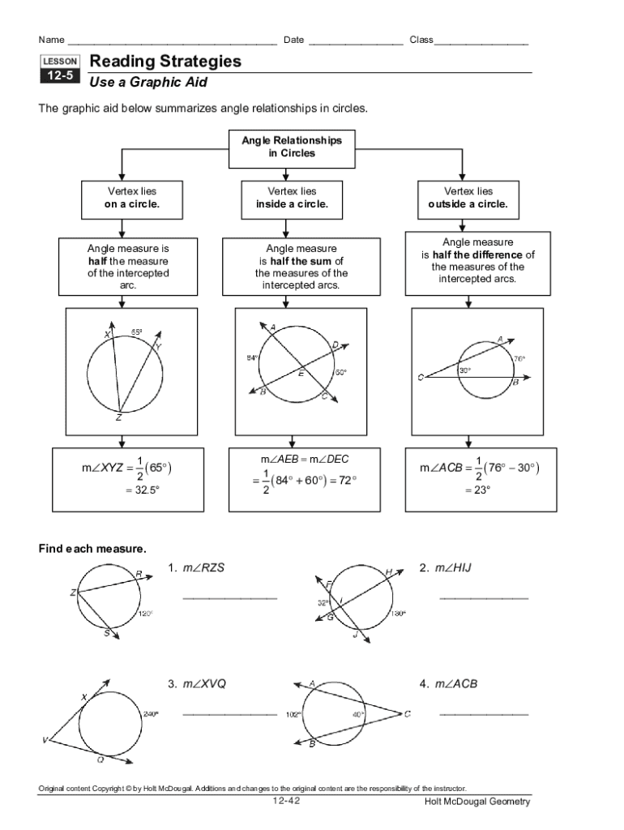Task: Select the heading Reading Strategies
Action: click(165, 62)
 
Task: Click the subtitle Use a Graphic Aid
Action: click(148, 83)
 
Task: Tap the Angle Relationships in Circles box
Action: click(292, 147)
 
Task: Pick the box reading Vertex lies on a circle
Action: click(122, 198)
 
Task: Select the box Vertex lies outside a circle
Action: click(468, 198)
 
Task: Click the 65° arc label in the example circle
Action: click(137, 332)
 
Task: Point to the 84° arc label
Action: click(251, 357)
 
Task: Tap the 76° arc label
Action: click(519, 357)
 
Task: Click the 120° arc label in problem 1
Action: click(146, 614)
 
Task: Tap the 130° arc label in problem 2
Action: click(398, 614)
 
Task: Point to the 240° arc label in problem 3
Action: click(151, 714)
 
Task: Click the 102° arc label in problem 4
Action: click(293, 715)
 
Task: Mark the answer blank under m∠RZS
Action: click(229, 598)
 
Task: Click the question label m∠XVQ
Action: click(203, 684)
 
